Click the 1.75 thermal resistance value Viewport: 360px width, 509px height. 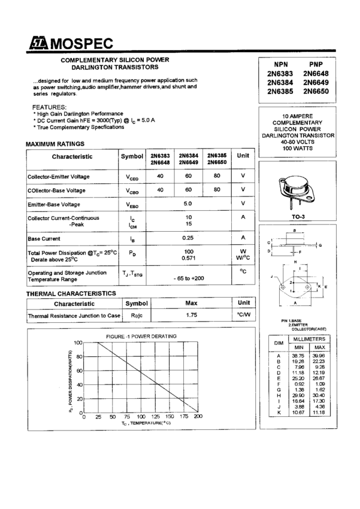coord(191,315)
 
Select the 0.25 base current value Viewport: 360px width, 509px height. coord(188,238)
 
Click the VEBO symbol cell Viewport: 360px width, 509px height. coord(132,204)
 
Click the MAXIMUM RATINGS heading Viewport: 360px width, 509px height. coord(55,144)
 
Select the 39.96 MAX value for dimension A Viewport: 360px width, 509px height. coord(319,356)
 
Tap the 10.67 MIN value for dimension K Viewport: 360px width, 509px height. coord(298,413)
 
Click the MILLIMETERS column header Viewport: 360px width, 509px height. coord(308,339)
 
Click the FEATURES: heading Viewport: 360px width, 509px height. coord(49,107)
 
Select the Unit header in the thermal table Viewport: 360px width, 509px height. coord(243,303)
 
